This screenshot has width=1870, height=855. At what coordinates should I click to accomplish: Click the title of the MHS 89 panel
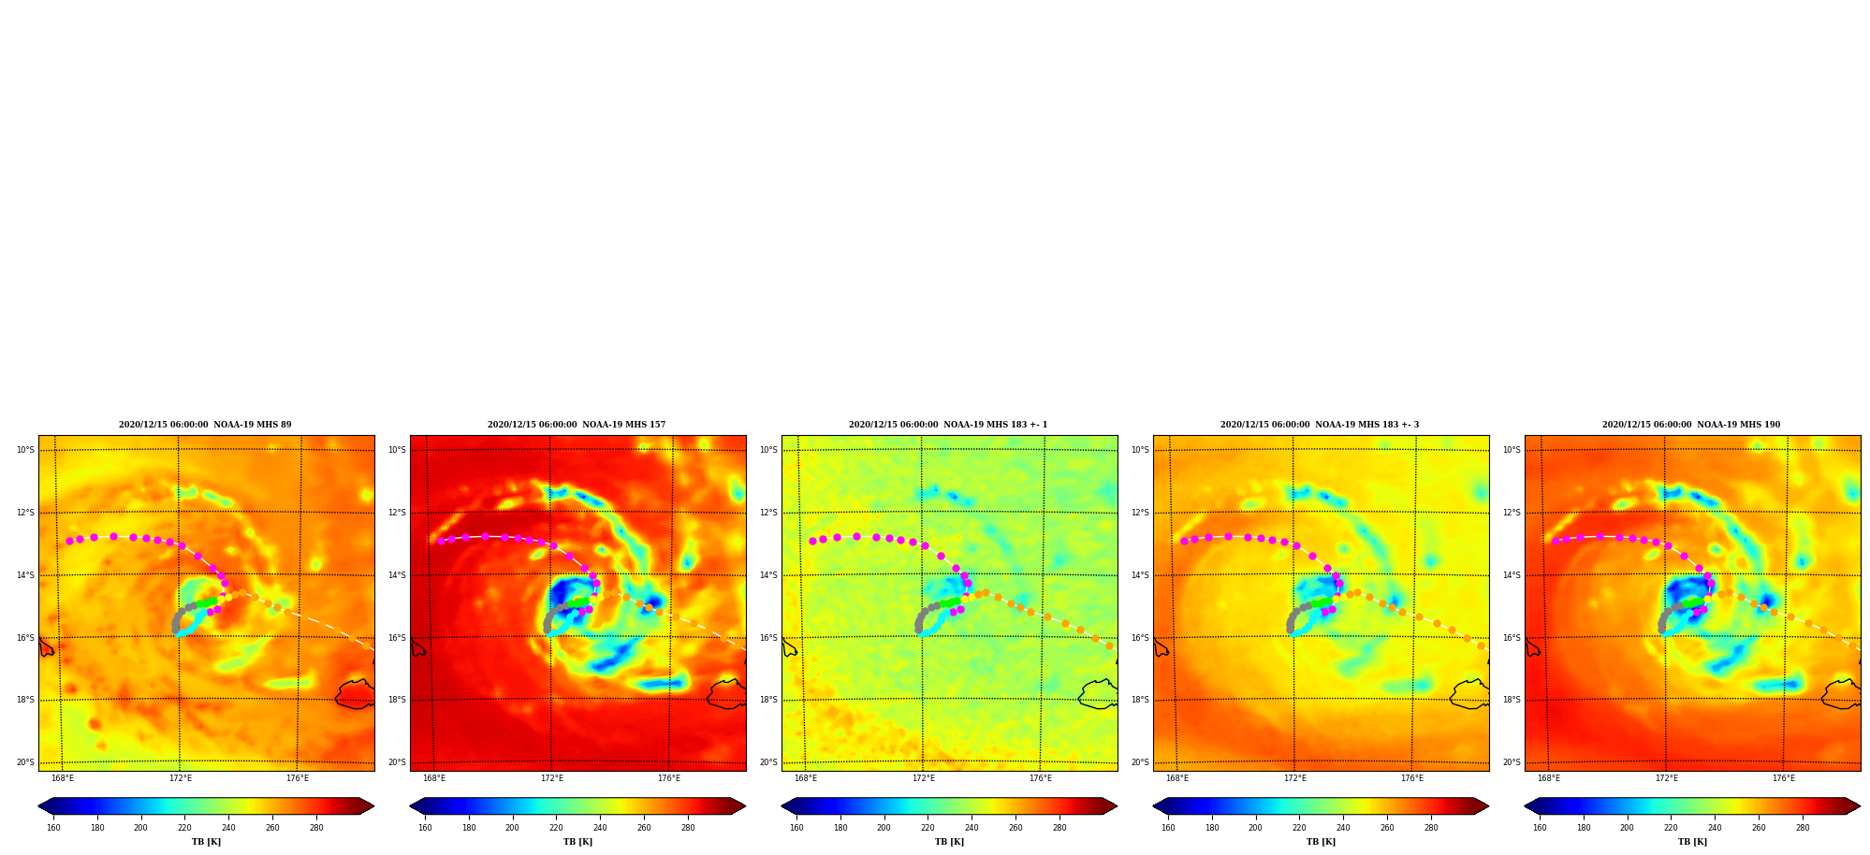click(205, 425)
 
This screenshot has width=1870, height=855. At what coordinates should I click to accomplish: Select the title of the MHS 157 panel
click(577, 425)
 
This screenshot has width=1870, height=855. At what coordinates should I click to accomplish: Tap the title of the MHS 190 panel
click(1691, 425)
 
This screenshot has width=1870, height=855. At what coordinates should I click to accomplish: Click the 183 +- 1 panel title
click(948, 425)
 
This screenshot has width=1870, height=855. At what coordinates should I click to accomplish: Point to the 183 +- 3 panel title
click(1320, 425)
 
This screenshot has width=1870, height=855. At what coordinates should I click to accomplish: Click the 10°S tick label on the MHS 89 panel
click(25, 450)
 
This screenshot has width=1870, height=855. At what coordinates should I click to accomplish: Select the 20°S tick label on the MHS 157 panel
click(397, 762)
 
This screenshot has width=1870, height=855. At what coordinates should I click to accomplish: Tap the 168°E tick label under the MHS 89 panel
click(63, 778)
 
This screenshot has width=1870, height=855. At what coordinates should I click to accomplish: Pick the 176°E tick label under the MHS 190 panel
click(1784, 778)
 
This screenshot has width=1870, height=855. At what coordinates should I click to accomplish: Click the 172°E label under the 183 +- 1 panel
click(923, 778)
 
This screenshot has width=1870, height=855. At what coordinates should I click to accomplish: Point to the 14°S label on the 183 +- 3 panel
click(1140, 575)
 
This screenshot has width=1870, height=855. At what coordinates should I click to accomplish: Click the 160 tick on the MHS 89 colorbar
click(53, 828)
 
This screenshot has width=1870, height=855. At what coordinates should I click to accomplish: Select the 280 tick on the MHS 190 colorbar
click(1803, 828)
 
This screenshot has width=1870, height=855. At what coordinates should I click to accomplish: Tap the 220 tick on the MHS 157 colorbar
click(556, 828)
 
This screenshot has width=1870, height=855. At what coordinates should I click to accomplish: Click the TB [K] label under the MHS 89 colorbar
click(206, 842)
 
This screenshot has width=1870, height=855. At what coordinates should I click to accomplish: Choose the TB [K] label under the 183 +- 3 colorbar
click(1321, 842)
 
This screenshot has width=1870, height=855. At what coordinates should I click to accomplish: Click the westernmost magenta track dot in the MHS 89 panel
click(69, 542)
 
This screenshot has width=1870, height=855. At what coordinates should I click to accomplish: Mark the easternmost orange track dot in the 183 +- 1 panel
click(1109, 645)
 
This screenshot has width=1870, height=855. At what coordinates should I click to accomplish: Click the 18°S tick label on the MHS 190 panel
click(1512, 700)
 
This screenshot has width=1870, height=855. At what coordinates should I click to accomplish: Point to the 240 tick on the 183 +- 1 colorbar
click(972, 828)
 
